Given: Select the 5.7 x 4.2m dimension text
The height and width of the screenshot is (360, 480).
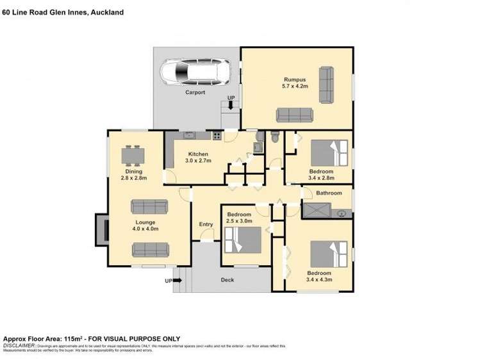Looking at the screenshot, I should tap(295, 86).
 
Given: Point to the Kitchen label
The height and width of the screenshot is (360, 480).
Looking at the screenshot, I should tap(197, 154).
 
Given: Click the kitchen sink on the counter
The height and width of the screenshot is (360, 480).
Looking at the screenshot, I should tap(189, 135).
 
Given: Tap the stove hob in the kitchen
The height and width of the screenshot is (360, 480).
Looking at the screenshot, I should tap(217, 135).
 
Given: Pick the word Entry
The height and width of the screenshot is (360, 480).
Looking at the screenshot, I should tap(206, 224).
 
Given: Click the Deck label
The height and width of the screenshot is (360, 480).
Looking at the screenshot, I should tap(228, 280).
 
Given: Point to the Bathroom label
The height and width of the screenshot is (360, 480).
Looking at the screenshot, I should tap(328, 193).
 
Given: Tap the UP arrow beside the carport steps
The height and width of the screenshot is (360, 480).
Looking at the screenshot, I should tap(231, 105).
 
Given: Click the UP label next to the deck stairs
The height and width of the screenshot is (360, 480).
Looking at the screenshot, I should tap(169, 281).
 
